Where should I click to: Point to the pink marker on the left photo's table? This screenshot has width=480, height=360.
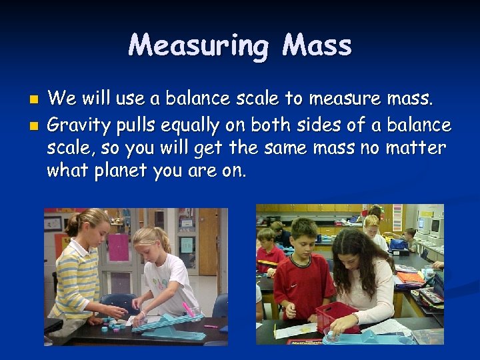click(189, 309)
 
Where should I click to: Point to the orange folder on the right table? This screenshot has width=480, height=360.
click(409, 276)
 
